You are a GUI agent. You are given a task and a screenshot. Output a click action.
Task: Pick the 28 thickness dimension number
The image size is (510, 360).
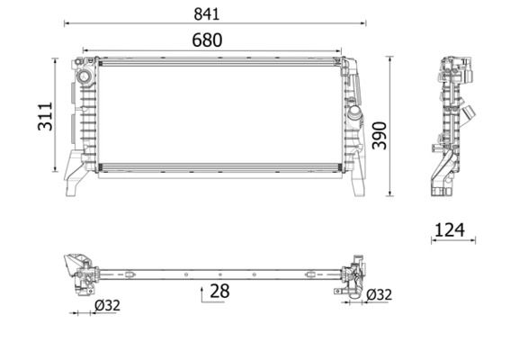tap(219, 291)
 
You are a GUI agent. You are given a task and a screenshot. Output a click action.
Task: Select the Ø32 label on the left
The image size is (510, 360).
tap(107, 305)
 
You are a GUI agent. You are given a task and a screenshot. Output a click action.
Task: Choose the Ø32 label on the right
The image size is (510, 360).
tap(379, 293)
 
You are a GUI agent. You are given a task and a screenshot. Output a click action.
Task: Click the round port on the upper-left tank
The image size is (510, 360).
tap(86, 78)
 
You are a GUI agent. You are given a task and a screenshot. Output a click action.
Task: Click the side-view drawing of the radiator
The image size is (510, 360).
tap(447, 126)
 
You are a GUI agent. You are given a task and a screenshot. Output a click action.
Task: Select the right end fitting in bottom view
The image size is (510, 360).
tap(353, 274)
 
